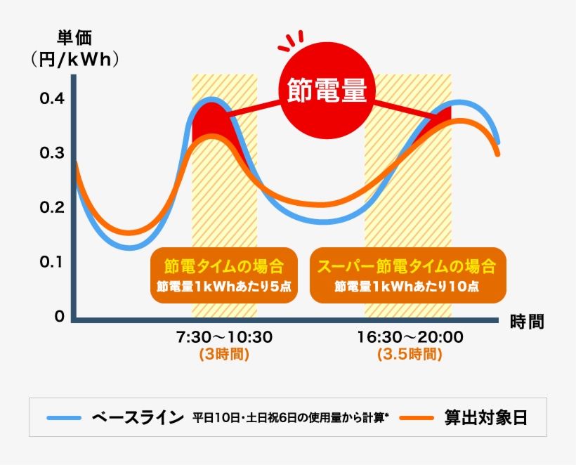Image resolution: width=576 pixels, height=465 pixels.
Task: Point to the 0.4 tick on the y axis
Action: click(51, 98)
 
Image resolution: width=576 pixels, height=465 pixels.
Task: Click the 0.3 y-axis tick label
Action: click(51, 153)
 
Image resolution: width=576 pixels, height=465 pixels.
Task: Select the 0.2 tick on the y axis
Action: click(51, 207)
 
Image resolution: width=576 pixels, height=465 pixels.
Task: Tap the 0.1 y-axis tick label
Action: click(51, 261)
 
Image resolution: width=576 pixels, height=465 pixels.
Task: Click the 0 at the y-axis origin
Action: click(60, 316)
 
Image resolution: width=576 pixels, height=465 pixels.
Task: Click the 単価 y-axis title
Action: click(74, 39)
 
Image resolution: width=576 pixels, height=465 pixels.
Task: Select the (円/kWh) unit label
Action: click(74, 60)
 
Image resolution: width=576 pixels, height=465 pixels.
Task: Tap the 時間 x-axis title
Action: click(527, 322)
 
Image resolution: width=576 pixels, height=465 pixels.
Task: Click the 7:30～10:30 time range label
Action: click(224, 337)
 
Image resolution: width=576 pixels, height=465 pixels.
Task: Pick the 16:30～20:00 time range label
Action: click(410, 337)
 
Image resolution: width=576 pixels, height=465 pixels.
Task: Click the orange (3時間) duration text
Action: click(224, 355)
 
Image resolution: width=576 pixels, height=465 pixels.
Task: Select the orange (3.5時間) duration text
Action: click(410, 355)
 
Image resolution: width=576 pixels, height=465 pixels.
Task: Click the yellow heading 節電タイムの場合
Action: click(224, 267)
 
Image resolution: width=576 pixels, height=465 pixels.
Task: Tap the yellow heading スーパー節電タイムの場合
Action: click(407, 267)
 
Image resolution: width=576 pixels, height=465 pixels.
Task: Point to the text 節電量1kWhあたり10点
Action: click(407, 287)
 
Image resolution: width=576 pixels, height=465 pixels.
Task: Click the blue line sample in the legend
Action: click(65, 418)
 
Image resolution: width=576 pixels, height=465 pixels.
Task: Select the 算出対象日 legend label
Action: click(485, 418)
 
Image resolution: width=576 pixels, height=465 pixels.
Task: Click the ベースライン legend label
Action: click(138, 418)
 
